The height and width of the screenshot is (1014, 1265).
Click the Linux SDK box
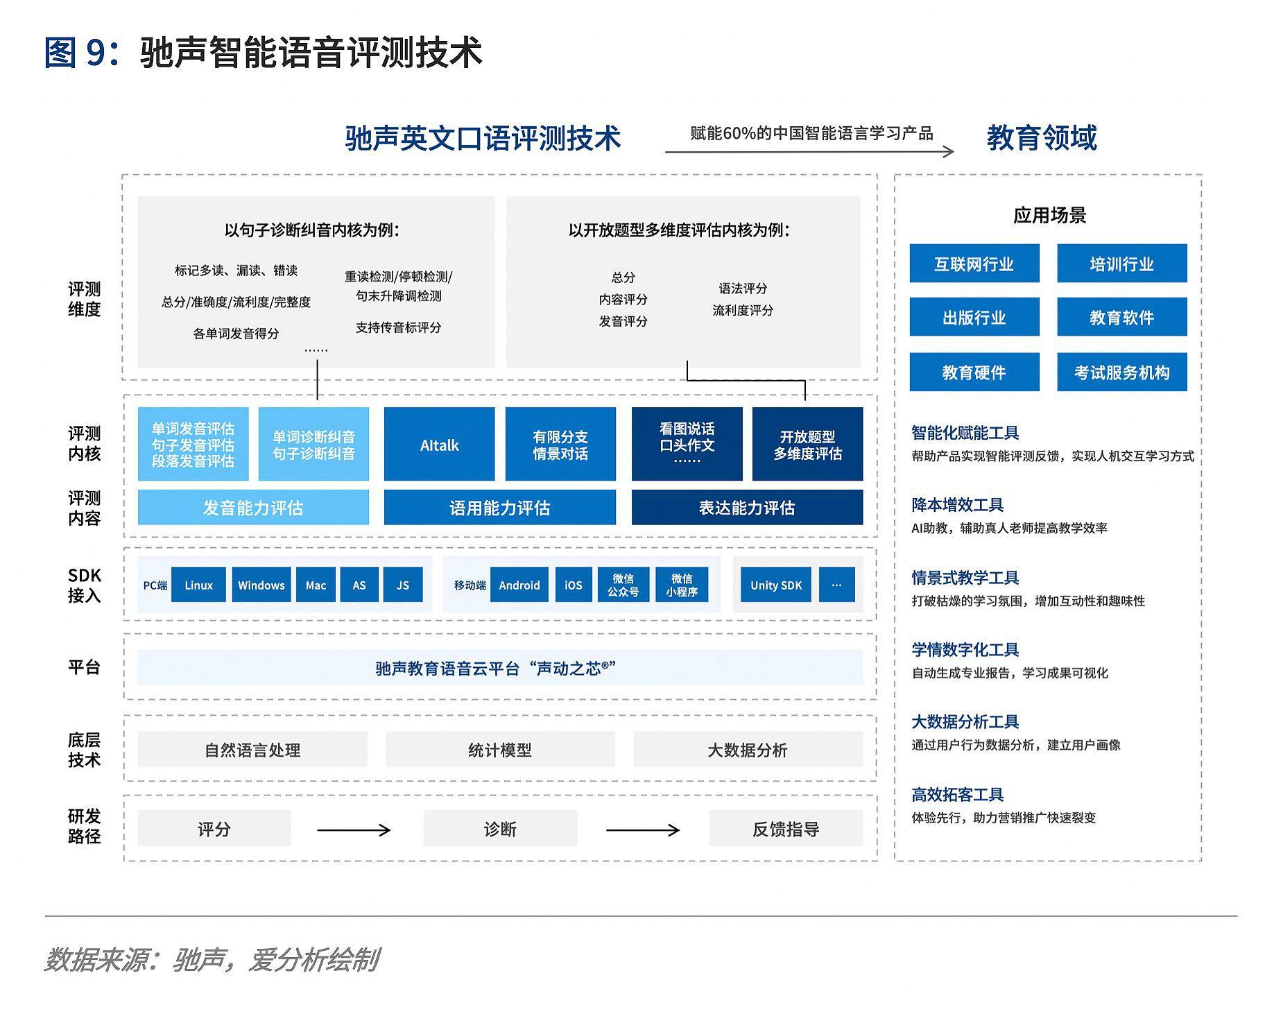pyautogui.click(x=198, y=585)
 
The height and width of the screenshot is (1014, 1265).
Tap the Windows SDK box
pyautogui.click(x=261, y=585)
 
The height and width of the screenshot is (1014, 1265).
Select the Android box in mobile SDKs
pyautogui.click(x=519, y=585)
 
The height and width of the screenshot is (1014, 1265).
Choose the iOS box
pyautogui.click(x=573, y=585)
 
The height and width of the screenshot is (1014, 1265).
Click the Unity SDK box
pyautogui.click(x=775, y=585)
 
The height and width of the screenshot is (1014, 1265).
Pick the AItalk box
pyautogui.click(x=439, y=445)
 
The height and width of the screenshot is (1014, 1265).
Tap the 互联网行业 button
pyautogui.click(x=974, y=264)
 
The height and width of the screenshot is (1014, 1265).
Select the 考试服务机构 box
pyautogui.click(x=1121, y=372)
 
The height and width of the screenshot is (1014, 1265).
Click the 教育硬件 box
pyautogui.click(x=974, y=372)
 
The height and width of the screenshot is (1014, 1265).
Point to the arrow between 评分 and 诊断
pyautogui.click(x=354, y=830)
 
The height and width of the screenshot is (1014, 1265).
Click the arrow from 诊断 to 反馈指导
pyautogui.click(x=642, y=830)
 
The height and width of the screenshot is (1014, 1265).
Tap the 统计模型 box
pyautogui.click(x=500, y=750)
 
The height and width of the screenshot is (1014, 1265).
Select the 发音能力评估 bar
pyautogui.click(x=253, y=508)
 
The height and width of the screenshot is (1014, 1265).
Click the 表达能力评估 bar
pyautogui.click(x=747, y=508)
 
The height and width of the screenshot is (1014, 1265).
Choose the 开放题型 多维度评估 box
pyautogui.click(x=807, y=445)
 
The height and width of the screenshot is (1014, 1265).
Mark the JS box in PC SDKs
pyautogui.click(x=402, y=585)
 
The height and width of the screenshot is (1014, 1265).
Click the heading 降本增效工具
pyautogui.click(x=957, y=505)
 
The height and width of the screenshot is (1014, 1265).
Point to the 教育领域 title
pyautogui.click(x=1041, y=137)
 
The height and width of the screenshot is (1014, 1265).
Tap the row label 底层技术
pyautogui.click(x=84, y=750)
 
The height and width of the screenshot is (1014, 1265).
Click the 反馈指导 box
pyautogui.click(x=786, y=830)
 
